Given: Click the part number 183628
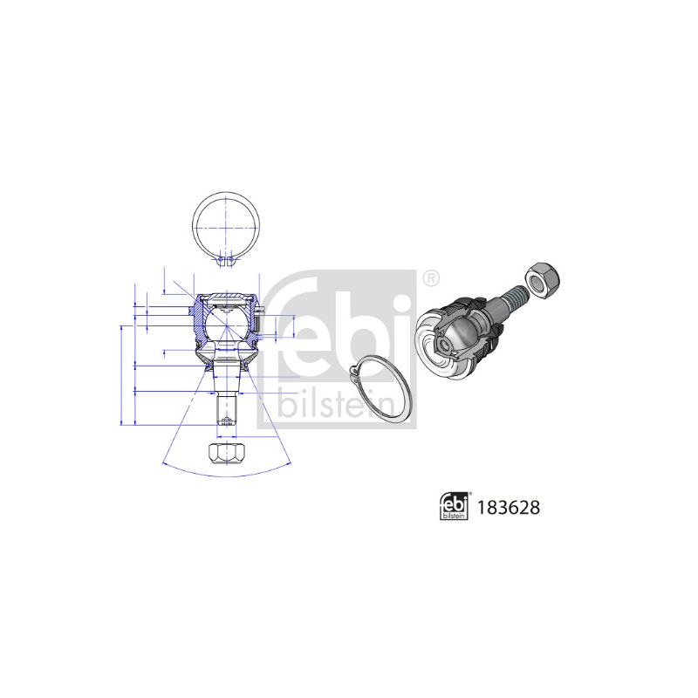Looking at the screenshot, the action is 509,508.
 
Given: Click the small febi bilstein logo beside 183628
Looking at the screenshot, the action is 454,507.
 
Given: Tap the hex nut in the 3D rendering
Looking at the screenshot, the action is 542,280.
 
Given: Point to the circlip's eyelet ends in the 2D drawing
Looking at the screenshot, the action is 226,261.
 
